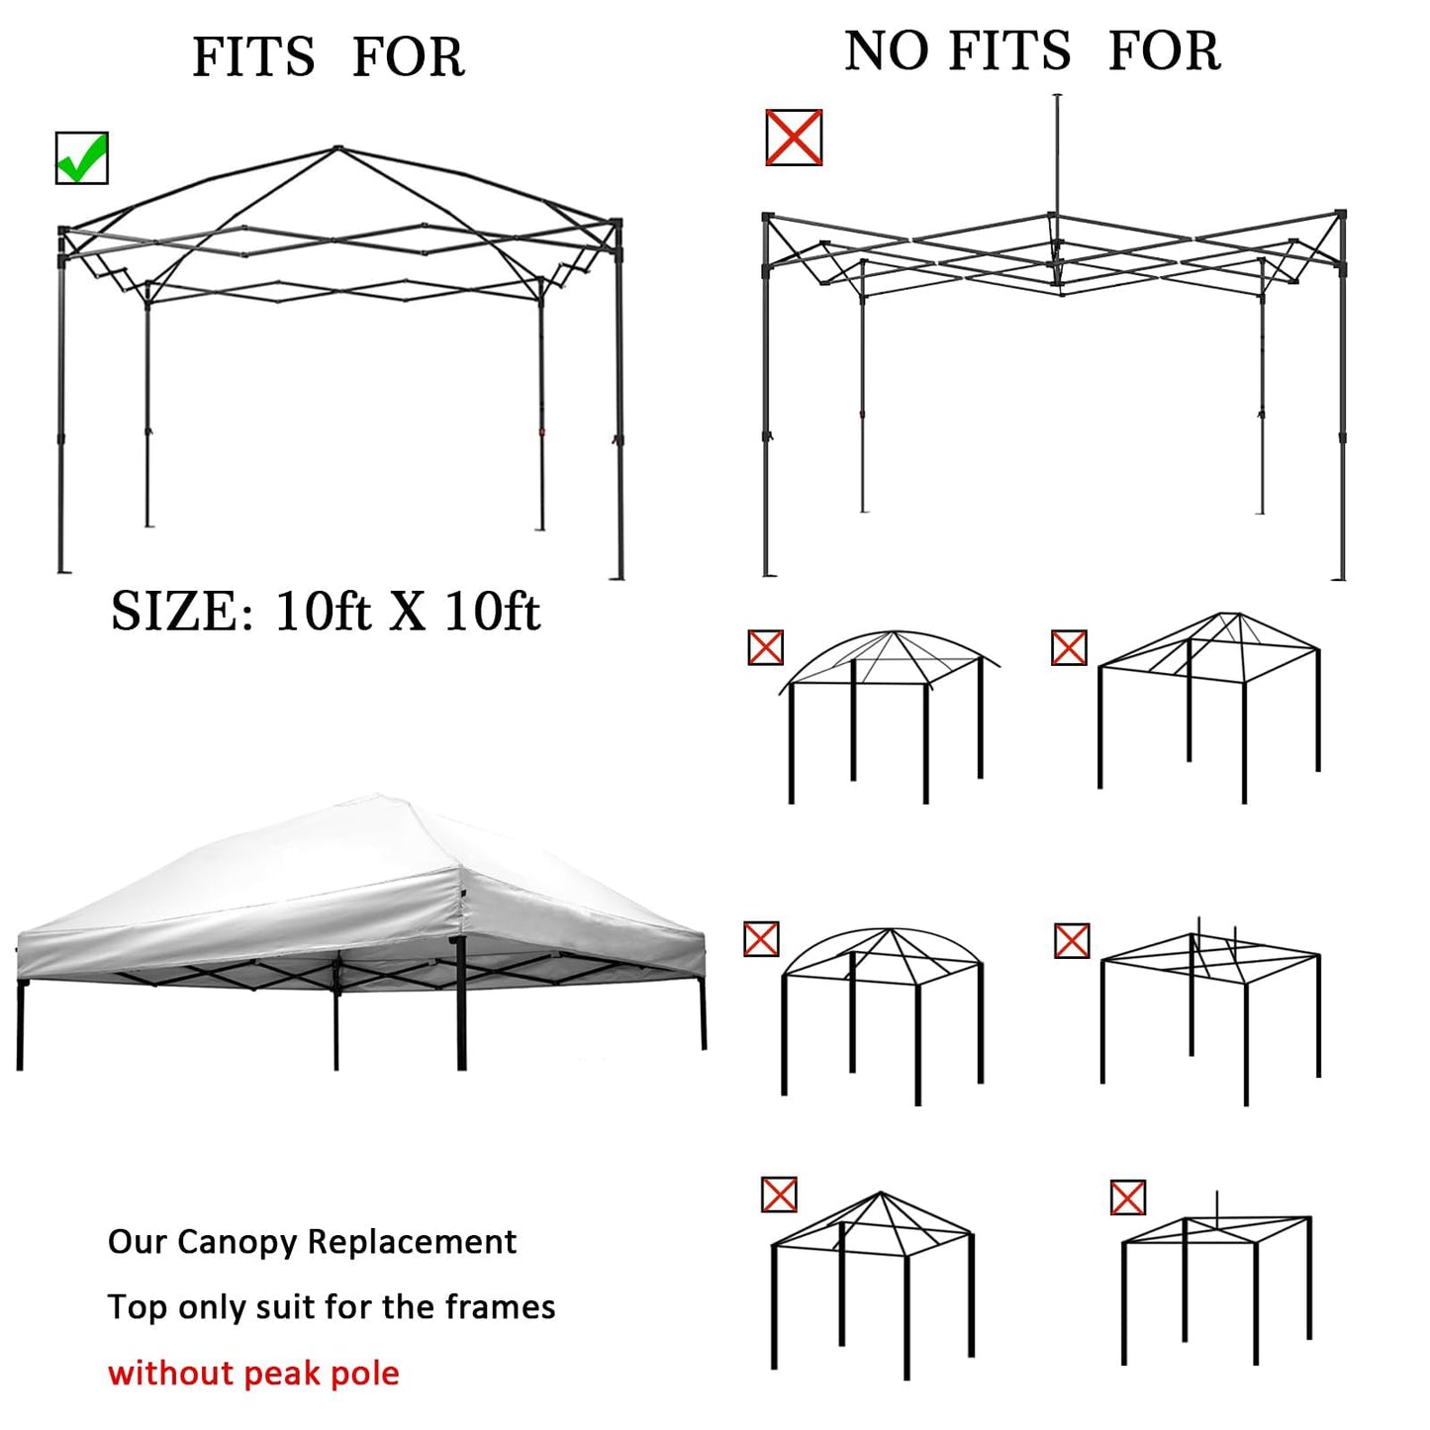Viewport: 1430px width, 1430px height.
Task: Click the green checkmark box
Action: tap(81, 158)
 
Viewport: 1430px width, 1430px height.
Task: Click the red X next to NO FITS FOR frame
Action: tap(794, 138)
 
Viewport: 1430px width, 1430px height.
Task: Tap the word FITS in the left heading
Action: tap(253, 57)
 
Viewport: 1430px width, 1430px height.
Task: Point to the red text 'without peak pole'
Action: tap(253, 1373)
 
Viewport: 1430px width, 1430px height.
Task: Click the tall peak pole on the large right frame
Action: tap(1057, 158)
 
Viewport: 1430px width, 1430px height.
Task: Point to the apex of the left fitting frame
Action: tap(337, 149)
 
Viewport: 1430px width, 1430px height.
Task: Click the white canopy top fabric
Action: tap(356, 871)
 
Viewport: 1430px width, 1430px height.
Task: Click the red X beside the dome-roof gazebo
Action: tap(766, 648)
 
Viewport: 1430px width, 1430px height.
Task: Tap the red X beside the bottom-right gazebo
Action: tap(1128, 1197)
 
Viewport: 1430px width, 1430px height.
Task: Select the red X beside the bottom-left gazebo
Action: tap(780, 1194)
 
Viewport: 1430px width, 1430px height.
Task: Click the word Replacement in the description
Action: tap(411, 1242)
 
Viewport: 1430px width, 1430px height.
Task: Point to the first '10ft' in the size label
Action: tap(323, 612)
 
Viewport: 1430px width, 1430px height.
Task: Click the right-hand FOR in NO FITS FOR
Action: tap(1164, 51)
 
